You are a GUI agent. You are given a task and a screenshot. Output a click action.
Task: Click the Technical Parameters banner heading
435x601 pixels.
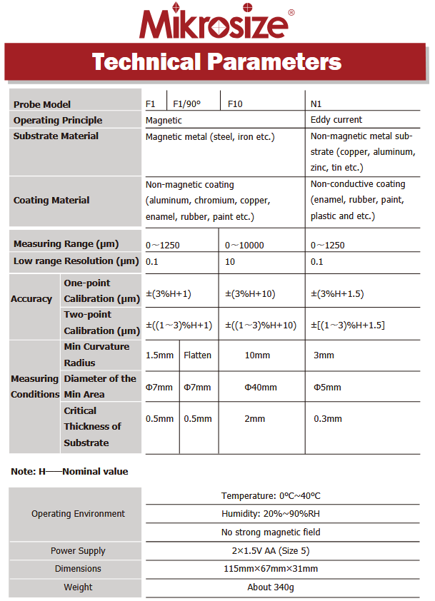pyautogui.click(x=216, y=61)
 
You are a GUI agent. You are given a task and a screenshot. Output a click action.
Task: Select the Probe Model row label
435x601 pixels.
pyautogui.click(x=42, y=104)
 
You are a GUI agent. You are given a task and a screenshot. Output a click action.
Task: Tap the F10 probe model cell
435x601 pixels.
pyautogui.click(x=235, y=104)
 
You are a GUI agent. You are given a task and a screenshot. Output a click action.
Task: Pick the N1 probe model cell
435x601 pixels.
pyautogui.click(x=316, y=104)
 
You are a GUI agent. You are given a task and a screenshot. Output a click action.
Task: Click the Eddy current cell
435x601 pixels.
pyautogui.click(x=336, y=120)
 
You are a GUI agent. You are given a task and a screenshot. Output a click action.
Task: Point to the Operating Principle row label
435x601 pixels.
pyautogui.click(x=58, y=120)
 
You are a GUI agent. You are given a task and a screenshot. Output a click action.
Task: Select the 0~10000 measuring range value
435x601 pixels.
pyautogui.click(x=245, y=246)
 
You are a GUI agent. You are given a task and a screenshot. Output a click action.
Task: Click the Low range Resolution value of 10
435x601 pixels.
pyautogui.click(x=231, y=261)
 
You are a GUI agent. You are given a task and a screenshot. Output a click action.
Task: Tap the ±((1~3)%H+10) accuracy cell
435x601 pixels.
pyautogui.click(x=261, y=325)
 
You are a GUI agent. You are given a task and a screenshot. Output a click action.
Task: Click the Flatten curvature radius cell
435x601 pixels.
pyautogui.click(x=197, y=355)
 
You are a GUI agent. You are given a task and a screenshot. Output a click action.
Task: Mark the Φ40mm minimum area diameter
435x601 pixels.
pyautogui.click(x=261, y=387)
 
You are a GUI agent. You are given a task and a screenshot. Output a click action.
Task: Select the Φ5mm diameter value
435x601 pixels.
pyautogui.click(x=327, y=387)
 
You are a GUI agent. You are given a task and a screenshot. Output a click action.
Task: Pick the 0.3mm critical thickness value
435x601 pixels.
pyautogui.click(x=328, y=419)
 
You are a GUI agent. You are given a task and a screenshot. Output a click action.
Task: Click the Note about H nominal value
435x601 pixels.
pyautogui.click(x=69, y=471)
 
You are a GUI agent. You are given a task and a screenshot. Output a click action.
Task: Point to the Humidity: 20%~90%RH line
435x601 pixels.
pyautogui.click(x=270, y=514)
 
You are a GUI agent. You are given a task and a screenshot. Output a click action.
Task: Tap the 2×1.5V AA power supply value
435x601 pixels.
pyautogui.click(x=270, y=550)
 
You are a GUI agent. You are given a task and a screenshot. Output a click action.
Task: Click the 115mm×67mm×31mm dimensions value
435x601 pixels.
pyautogui.click(x=270, y=569)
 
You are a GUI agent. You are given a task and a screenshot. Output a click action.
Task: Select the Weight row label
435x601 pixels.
pyautogui.click(x=78, y=587)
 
